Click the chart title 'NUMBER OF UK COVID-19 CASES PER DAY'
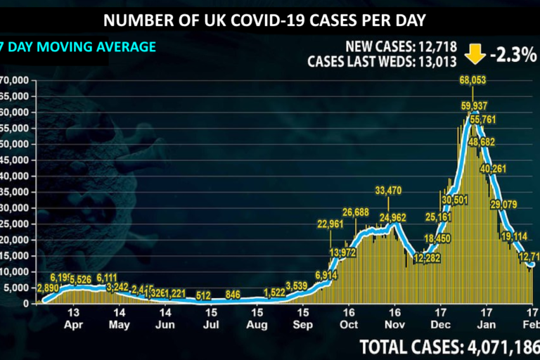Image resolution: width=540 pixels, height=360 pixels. point(269,20)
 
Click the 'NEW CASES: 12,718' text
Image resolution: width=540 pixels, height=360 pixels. point(401,47)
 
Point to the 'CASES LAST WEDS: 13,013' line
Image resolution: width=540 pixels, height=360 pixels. point(382,61)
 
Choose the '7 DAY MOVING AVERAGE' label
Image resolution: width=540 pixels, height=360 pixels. point(78,47)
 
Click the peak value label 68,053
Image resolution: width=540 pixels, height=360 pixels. point(472,80)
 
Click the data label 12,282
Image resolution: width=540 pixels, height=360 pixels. point(427,259)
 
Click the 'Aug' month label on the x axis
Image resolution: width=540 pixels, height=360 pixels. point(257,325)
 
